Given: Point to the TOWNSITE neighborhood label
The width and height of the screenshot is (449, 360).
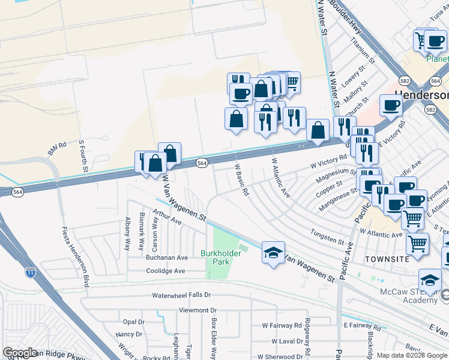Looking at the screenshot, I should [x=387, y=258].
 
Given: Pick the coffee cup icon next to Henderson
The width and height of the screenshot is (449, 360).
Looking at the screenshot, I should [x=391, y=106].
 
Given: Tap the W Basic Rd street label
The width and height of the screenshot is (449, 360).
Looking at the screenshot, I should [x=241, y=181].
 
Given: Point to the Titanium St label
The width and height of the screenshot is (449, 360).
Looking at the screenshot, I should [x=363, y=53].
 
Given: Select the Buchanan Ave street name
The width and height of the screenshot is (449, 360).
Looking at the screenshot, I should [x=167, y=257].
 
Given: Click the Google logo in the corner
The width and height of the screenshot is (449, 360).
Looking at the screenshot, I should [x=20, y=353].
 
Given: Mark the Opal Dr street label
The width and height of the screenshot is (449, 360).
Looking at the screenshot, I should [x=134, y=322].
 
